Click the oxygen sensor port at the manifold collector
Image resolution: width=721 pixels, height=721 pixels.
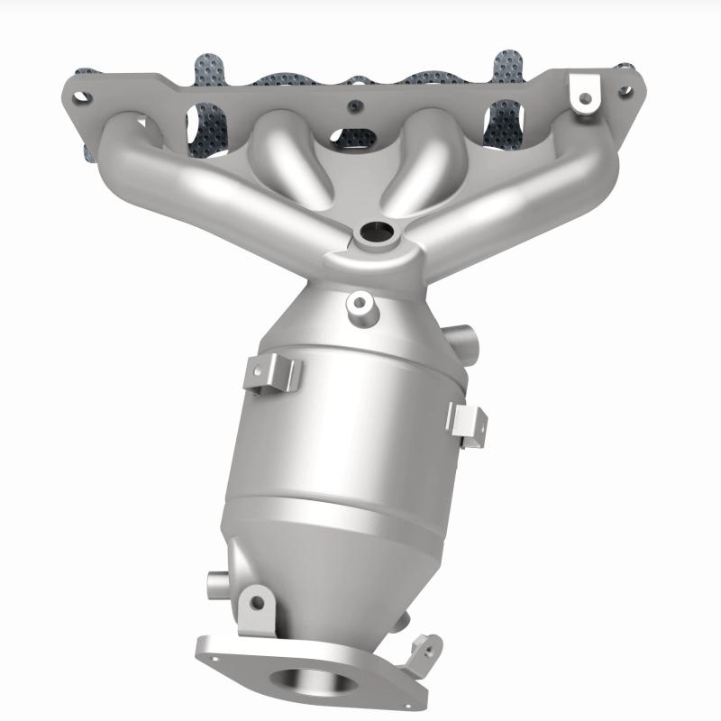click(x=371, y=233)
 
